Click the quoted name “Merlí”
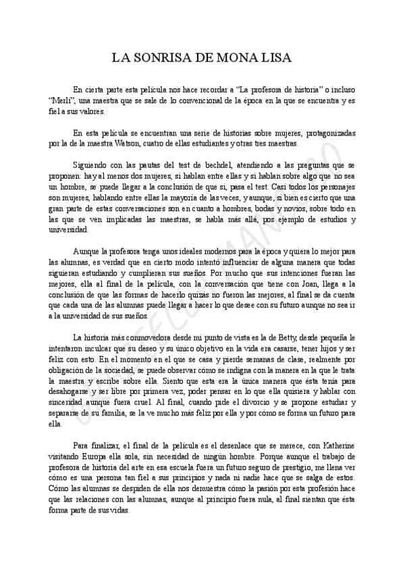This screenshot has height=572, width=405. point(61,101)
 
